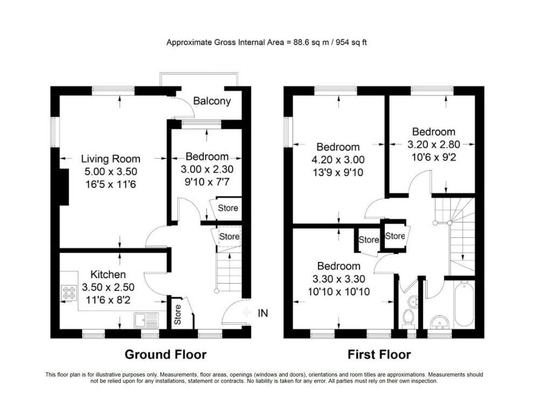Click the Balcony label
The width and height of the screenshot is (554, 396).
(212, 101)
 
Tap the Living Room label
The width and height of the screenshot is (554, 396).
(110, 159)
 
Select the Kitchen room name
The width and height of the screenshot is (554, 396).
(108, 274)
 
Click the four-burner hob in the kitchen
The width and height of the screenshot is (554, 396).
(69, 293)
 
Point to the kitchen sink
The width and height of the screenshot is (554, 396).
(146, 320)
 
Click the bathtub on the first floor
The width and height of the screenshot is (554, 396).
(464, 303)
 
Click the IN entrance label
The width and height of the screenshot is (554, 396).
(263, 313)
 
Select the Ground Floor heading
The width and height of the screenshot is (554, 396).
(165, 355)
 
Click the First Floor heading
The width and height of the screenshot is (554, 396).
(379, 355)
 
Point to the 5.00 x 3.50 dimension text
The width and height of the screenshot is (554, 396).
(110, 172)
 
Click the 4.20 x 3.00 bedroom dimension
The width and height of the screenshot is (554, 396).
(338, 160)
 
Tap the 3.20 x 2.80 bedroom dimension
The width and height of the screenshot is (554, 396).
(433, 145)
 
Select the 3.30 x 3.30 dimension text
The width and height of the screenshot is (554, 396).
(339, 279)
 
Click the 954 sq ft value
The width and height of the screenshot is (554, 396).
(351, 43)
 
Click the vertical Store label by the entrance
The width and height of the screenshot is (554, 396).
(177, 315)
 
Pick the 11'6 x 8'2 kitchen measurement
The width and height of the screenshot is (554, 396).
(108, 300)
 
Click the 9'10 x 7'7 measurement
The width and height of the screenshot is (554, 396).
(207, 182)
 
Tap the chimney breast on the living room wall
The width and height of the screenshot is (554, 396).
(64, 187)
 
